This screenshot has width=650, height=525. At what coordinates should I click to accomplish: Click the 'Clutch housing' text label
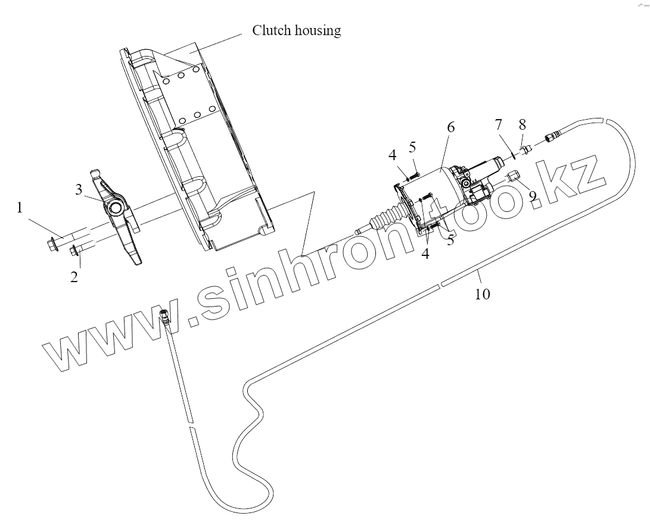click(296, 30)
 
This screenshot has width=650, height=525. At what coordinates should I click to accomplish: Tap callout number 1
click(20, 208)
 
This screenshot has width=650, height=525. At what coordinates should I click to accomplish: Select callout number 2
click(74, 277)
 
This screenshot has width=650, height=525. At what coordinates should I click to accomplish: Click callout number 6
click(450, 127)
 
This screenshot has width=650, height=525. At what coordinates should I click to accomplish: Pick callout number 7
click(498, 124)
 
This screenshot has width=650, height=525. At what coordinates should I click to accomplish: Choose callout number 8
click(523, 124)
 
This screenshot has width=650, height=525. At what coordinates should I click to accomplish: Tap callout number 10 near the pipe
click(483, 293)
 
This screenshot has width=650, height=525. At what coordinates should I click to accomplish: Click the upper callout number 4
click(392, 157)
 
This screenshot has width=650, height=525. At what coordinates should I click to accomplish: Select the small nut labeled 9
click(515, 176)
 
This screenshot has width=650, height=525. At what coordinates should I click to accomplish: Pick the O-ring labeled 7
click(513, 156)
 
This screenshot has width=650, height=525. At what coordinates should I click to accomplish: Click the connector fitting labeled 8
click(525, 149)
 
